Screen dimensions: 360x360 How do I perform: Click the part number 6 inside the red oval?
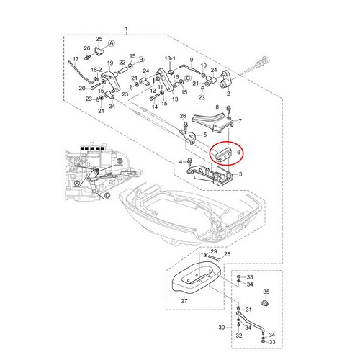(238, 152)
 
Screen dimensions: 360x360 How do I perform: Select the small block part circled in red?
(224, 153)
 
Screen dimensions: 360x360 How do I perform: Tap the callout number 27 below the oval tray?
(184, 301)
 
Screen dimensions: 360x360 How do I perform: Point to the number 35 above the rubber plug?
(266, 292)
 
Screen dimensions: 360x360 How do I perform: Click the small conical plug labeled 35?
(265, 303)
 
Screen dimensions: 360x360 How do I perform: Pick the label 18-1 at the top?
(170, 58)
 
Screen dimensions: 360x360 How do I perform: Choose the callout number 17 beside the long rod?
(76, 59)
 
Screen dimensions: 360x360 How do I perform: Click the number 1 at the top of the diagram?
(127, 30)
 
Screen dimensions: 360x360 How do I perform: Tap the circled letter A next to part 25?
(111, 43)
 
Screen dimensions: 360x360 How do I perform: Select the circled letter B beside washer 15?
(141, 60)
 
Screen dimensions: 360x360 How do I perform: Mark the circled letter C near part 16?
(188, 78)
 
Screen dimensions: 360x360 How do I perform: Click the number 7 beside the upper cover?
(240, 121)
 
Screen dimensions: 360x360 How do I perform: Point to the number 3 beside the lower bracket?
(240, 174)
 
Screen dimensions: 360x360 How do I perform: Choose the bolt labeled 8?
(228, 109)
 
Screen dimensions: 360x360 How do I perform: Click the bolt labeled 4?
(189, 161)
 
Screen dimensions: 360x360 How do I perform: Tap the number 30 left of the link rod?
(222, 328)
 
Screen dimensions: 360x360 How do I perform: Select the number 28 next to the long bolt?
(227, 254)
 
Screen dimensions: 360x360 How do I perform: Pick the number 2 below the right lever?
(228, 94)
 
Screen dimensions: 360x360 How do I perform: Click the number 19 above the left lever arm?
(110, 63)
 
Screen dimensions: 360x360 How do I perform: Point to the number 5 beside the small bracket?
(204, 135)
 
